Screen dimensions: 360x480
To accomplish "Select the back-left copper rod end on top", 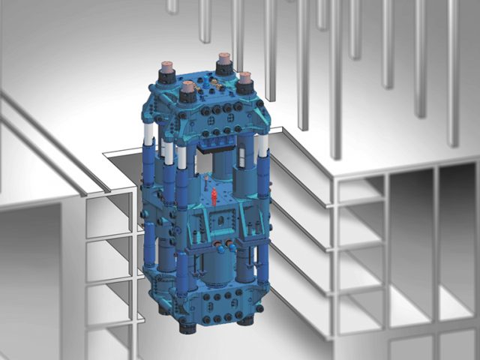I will tap(165, 66).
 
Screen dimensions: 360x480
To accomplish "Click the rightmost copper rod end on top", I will tap(244, 75).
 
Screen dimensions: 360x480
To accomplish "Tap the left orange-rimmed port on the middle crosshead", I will tap(217, 244).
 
